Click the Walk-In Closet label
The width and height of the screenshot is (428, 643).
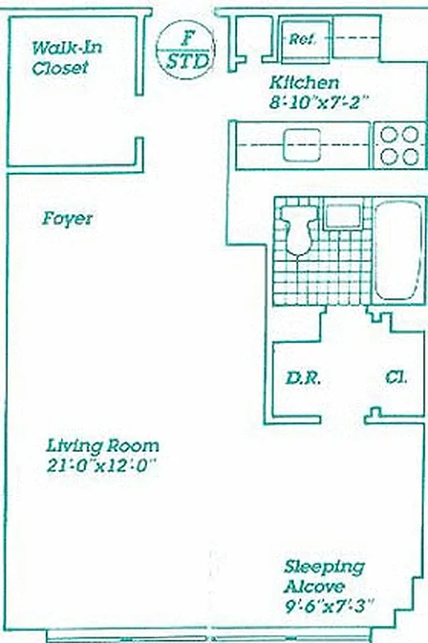61,58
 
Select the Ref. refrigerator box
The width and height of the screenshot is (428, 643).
302,38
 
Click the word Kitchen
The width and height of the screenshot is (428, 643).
304,83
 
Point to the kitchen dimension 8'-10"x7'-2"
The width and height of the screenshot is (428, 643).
318,102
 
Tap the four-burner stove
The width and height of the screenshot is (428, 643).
400,145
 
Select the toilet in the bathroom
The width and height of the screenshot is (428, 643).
298,226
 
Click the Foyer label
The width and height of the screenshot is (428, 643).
67,219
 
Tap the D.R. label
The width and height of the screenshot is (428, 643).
304,378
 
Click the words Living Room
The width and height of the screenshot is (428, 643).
102,445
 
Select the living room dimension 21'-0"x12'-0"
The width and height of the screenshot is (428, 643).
100,465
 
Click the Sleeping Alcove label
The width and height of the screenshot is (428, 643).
323,576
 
